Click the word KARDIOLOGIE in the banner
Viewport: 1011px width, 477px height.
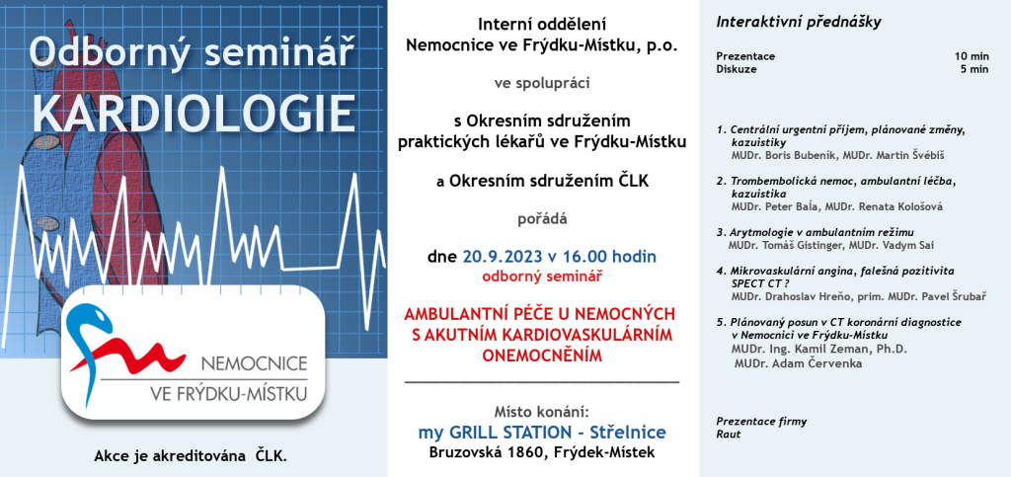(194, 113)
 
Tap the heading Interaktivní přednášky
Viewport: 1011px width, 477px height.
(798, 23)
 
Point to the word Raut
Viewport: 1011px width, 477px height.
(729, 435)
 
